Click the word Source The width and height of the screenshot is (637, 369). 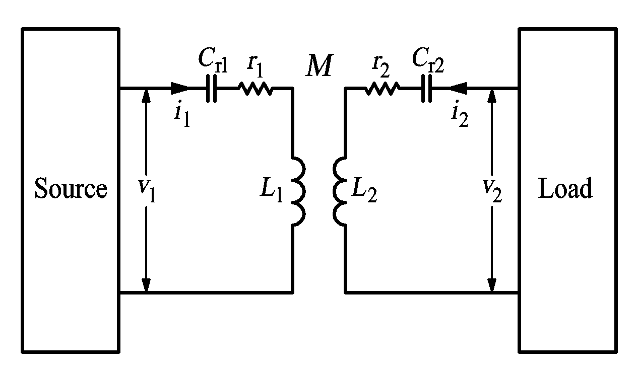click(x=71, y=188)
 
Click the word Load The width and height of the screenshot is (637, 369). click(x=565, y=188)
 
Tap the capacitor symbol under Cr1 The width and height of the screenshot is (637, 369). click(x=211, y=88)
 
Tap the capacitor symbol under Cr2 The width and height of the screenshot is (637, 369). click(x=426, y=88)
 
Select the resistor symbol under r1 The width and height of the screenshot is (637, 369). click(x=256, y=89)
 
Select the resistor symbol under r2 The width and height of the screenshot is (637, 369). click(x=382, y=89)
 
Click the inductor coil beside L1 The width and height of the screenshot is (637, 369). click(x=298, y=191)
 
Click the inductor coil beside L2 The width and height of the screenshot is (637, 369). click(x=340, y=191)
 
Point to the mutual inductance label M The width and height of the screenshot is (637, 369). click(x=319, y=65)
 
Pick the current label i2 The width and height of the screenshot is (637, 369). click(x=460, y=114)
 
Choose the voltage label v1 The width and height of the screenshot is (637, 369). click(x=147, y=190)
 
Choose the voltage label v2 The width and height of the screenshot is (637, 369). click(x=493, y=190)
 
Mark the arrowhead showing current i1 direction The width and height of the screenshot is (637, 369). click(x=179, y=88)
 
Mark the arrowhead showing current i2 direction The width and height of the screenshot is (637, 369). click(x=458, y=88)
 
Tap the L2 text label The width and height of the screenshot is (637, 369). click(x=364, y=190)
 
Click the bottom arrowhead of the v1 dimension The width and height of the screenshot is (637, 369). click(x=146, y=285)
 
